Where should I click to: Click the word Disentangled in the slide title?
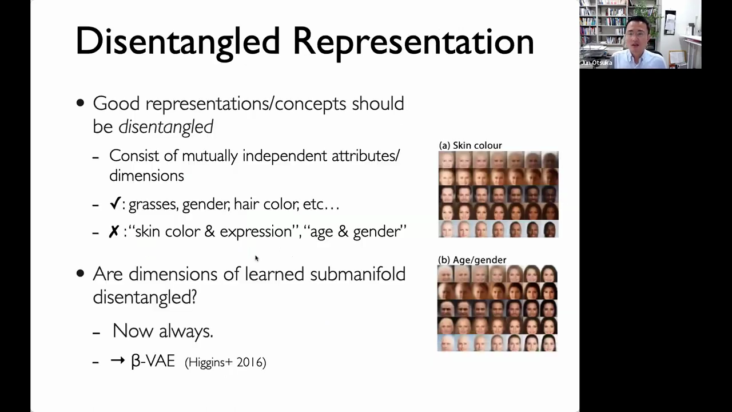click(x=177, y=42)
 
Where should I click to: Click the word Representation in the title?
click(x=413, y=42)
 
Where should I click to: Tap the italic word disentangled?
click(x=166, y=127)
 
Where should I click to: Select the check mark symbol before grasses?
click(x=116, y=203)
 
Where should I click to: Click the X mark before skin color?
click(x=114, y=232)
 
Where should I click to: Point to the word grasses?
click(x=154, y=205)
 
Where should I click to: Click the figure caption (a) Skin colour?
click(x=470, y=145)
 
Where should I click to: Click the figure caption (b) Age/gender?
click(x=472, y=260)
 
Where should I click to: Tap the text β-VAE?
click(x=153, y=361)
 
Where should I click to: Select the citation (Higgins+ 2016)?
click(x=225, y=362)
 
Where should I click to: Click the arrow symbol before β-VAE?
click(x=118, y=360)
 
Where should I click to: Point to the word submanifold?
click(x=358, y=274)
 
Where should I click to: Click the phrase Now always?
click(x=163, y=331)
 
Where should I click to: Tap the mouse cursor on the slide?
click(x=257, y=258)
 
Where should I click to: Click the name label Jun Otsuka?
click(x=596, y=63)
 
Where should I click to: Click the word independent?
click(x=285, y=156)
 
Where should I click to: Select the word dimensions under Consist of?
click(x=146, y=176)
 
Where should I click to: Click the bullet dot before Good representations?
click(x=80, y=104)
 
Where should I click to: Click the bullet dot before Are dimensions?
click(x=80, y=274)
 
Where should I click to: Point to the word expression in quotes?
click(x=256, y=232)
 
